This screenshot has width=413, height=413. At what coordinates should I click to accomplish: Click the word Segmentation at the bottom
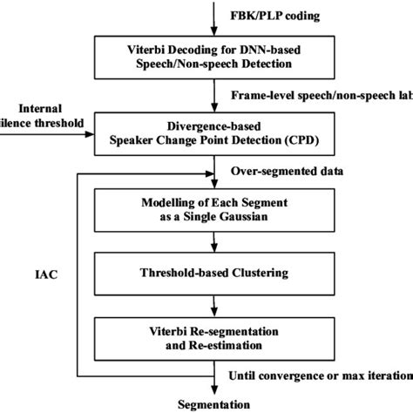(x=213, y=404)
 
